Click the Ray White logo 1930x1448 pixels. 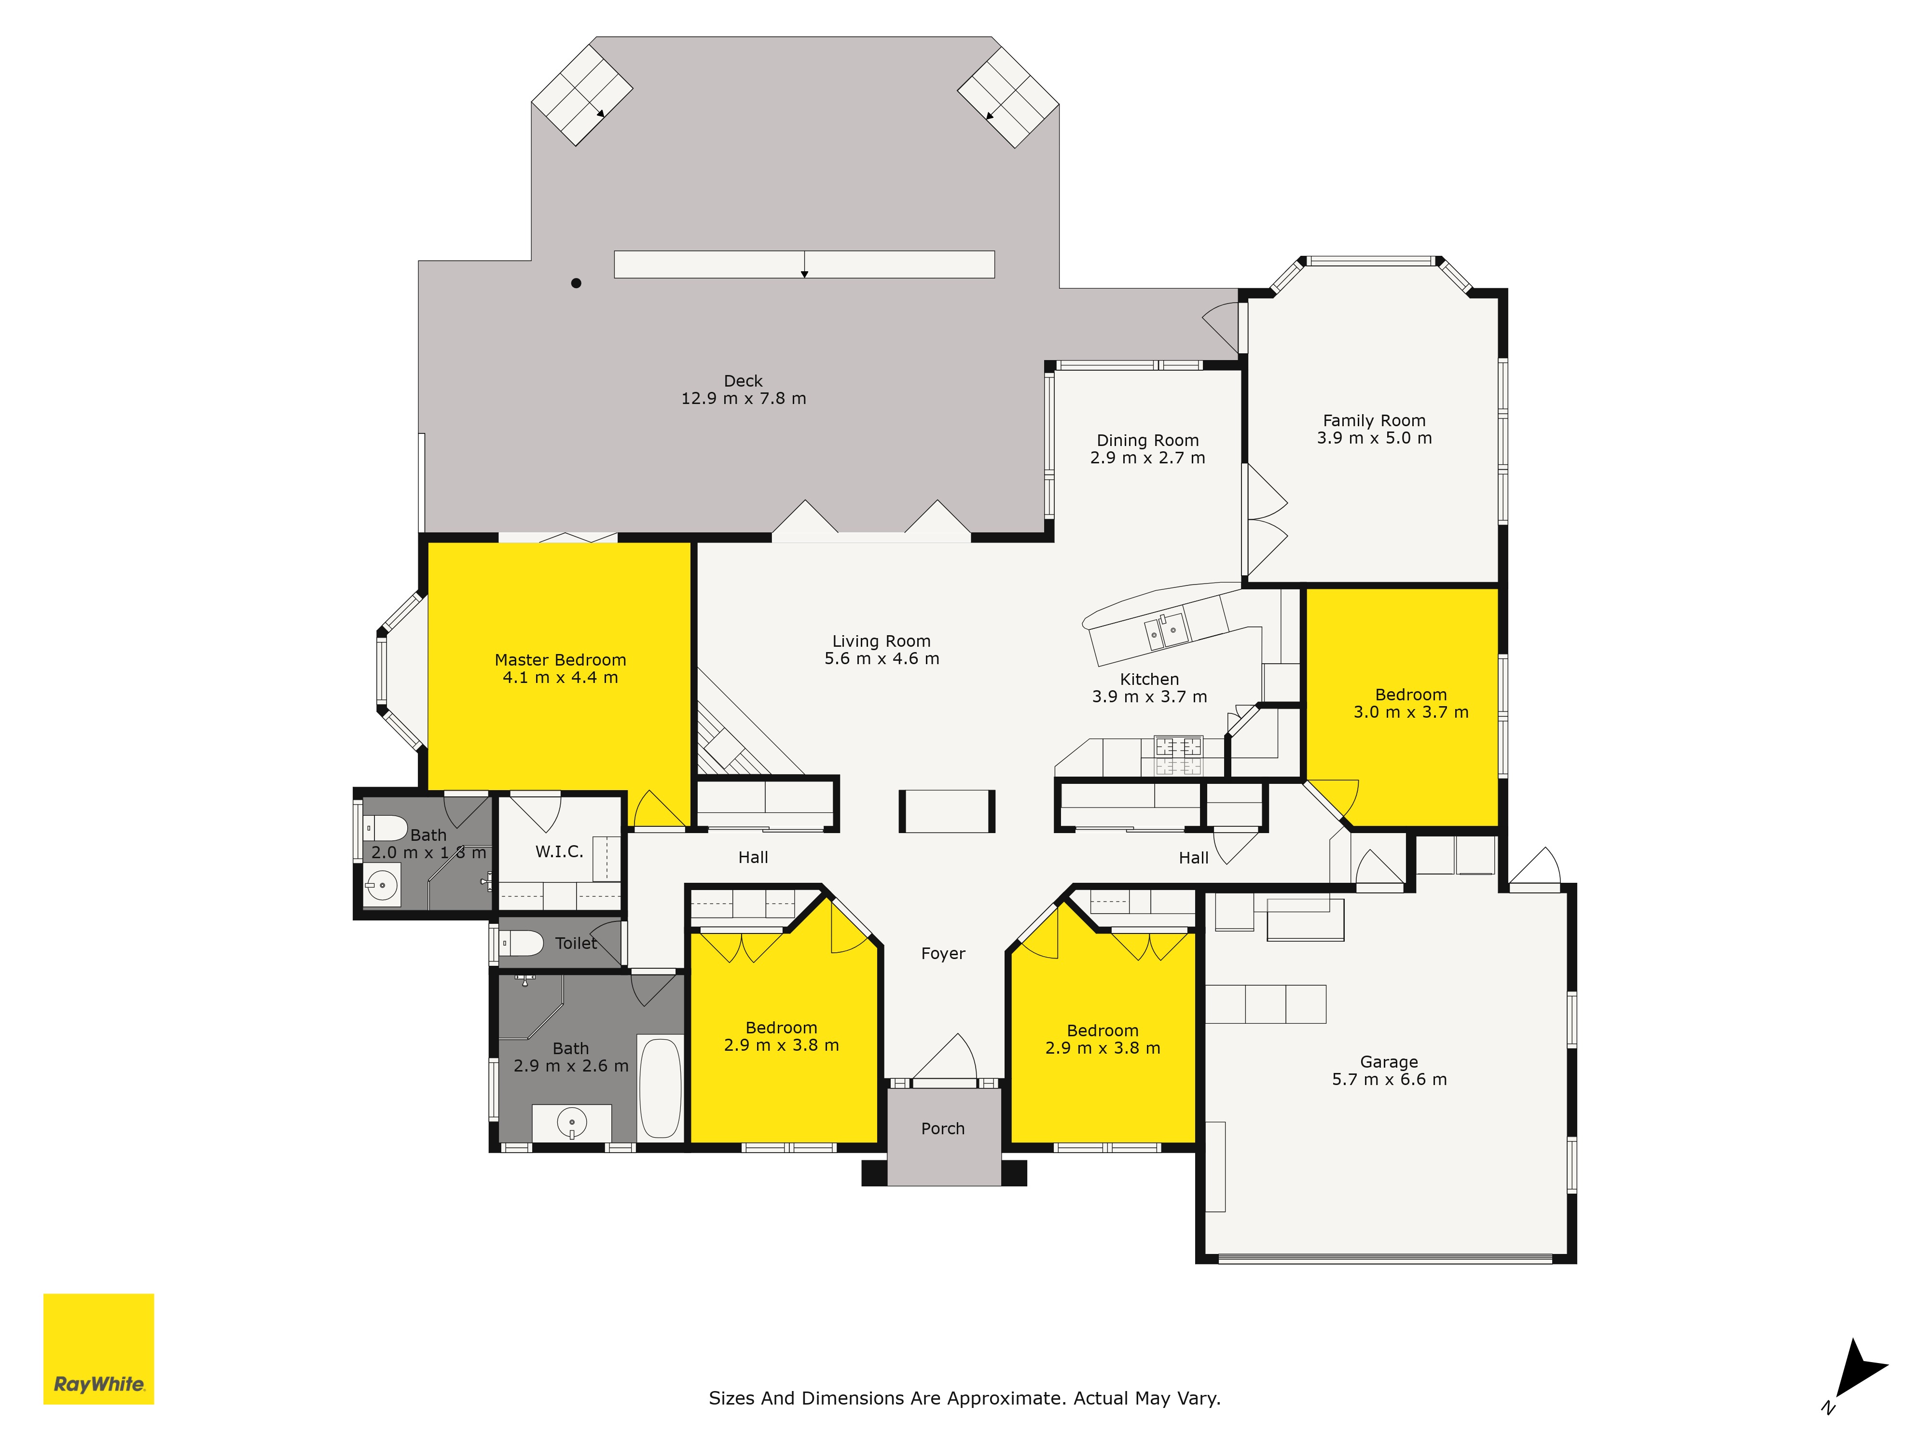point(98,1349)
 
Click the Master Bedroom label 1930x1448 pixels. point(560,660)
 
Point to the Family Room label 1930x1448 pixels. point(1374,421)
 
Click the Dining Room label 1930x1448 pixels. point(1147,441)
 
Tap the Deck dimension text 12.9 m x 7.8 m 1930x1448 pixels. point(744,399)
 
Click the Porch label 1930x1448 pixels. point(943,1128)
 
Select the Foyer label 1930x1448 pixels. point(943,954)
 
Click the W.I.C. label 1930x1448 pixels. point(559,852)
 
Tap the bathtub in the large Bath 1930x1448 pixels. point(661,1087)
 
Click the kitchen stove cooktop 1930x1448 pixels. point(1178,756)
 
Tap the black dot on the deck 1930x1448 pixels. point(576,283)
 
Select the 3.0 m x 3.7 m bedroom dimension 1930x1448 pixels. point(1411,712)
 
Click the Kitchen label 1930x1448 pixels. point(1149,679)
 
